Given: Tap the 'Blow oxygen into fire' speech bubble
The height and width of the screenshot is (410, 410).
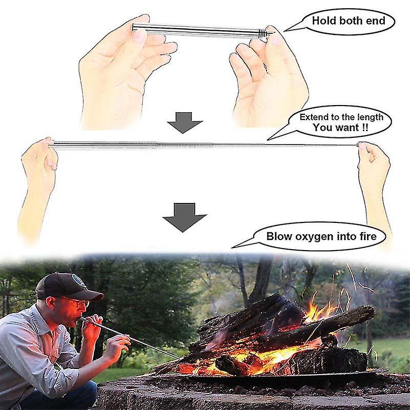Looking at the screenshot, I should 321,236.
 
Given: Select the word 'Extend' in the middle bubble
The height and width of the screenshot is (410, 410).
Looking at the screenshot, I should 313,117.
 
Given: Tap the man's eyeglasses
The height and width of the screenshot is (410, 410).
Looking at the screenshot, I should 77,303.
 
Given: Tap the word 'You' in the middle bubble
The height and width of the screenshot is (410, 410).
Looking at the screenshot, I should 323,128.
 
